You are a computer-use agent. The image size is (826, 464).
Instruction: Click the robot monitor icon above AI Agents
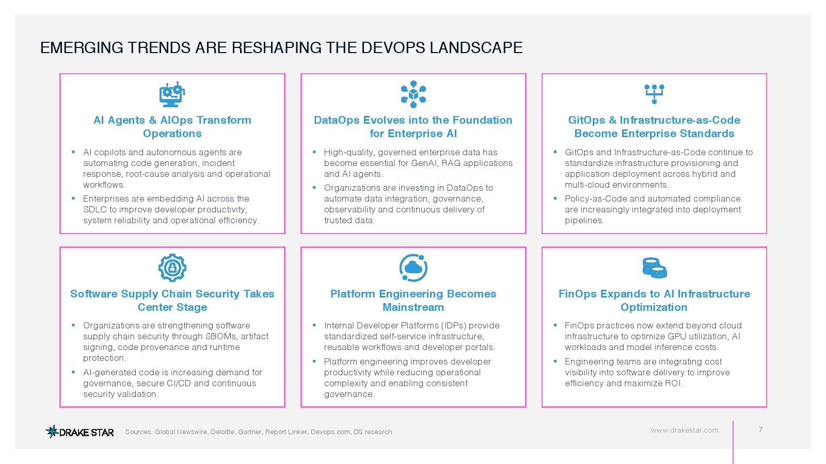point(172,95)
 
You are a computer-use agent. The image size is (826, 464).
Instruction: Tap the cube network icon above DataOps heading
point(413,94)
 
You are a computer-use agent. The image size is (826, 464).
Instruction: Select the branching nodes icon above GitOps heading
point(654,94)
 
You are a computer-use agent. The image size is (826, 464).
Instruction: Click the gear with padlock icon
point(172,268)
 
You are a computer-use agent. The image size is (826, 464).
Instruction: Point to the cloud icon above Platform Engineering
point(413,268)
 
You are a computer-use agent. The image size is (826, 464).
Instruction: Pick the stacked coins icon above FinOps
point(655,268)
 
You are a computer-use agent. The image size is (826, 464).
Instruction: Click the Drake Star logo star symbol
point(52,431)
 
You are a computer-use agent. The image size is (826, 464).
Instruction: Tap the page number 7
point(760,429)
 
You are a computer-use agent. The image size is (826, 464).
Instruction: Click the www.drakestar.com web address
point(685,430)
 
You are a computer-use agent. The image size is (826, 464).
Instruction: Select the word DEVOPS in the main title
point(393,48)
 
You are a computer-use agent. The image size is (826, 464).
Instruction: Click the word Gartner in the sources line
point(250,432)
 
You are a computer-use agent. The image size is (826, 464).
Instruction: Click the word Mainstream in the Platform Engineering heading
point(413,307)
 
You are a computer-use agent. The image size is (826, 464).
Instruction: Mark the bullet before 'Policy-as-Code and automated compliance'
point(555,198)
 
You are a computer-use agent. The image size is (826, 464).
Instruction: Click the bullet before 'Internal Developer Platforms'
point(314,325)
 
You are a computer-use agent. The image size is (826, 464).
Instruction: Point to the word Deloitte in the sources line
point(223,432)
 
